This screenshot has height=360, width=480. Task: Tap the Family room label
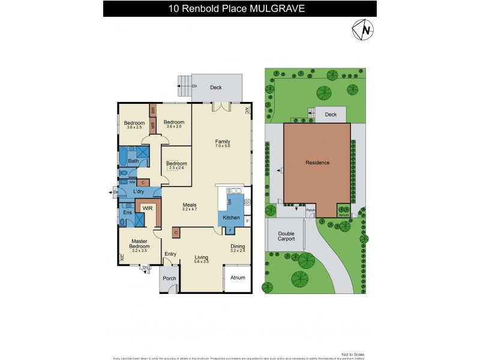click(223, 142)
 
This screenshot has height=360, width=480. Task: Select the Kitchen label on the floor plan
click(231, 217)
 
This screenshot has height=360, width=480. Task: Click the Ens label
click(127, 212)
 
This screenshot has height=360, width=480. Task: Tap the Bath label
click(133, 161)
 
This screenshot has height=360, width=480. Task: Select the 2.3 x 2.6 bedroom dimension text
click(176, 169)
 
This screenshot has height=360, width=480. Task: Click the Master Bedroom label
click(139, 244)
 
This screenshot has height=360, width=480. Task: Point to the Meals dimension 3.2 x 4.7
click(190, 209)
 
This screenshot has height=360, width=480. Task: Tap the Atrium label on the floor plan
click(238, 278)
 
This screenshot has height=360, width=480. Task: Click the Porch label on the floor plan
click(169, 278)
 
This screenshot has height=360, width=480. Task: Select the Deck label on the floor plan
click(215, 88)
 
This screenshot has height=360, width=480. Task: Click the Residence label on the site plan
click(317, 162)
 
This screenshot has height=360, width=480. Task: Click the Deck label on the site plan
click(330, 115)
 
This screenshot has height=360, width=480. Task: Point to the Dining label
click(238, 245)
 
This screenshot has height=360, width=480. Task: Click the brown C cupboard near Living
click(176, 232)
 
